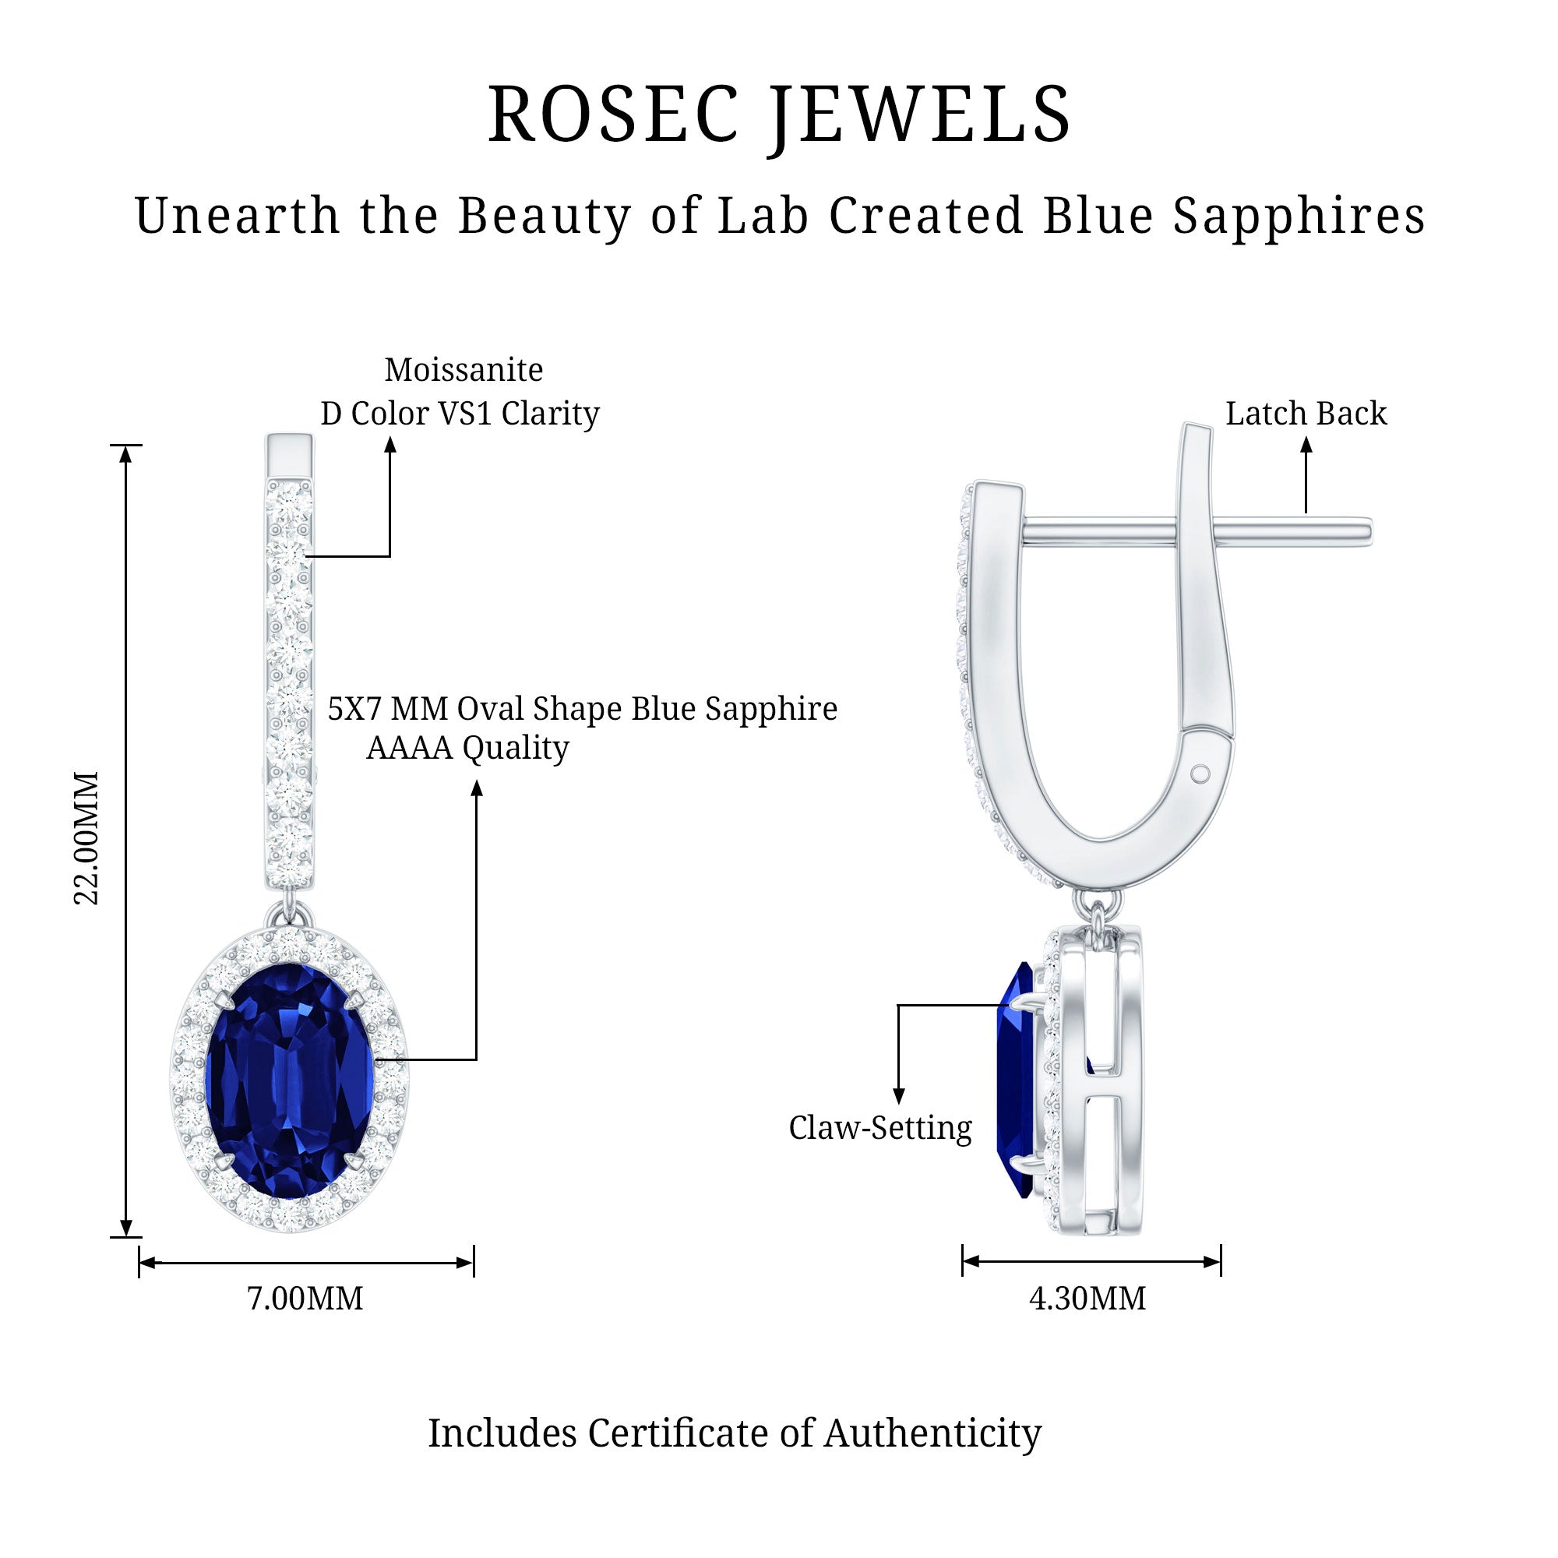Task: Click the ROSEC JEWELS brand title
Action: click(x=779, y=115)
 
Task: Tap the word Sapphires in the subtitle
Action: click(x=1299, y=216)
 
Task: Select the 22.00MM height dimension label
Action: click(x=87, y=838)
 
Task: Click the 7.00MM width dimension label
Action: click(x=305, y=1299)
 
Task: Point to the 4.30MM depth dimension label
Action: click(x=1087, y=1299)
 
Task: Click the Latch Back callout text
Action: click(x=1306, y=414)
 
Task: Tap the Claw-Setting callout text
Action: click(x=879, y=1127)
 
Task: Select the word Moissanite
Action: click(x=464, y=370)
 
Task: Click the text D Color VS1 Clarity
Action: click(x=460, y=414)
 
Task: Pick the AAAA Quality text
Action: click(x=467, y=748)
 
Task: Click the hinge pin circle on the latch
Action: click(x=1200, y=774)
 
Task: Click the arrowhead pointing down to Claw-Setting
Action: click(x=899, y=1096)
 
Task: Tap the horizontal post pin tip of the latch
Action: click(x=1366, y=530)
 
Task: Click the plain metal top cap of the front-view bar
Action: click(x=289, y=456)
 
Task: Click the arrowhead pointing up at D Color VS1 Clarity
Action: click(x=390, y=445)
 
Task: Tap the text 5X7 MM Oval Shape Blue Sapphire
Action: click(x=582, y=709)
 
